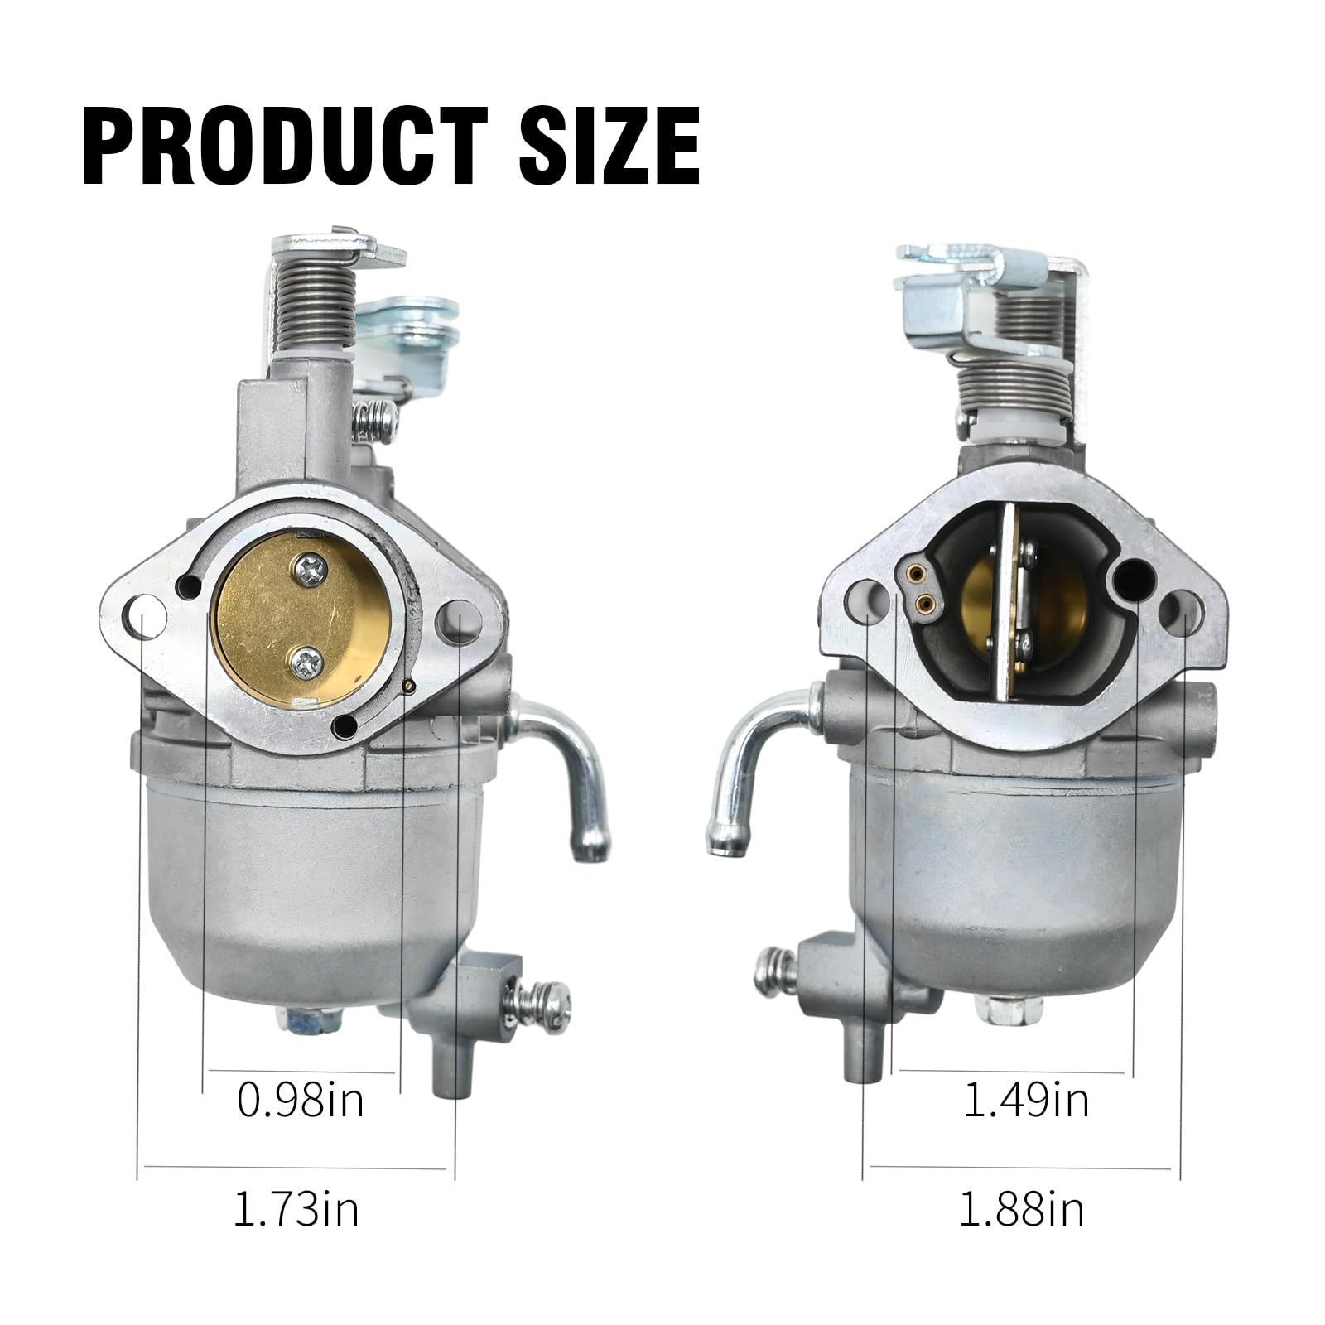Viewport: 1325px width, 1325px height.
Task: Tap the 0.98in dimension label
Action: tap(300, 1101)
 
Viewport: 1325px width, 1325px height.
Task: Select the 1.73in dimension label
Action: tap(296, 1210)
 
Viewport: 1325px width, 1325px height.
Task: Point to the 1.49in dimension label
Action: tap(1025, 1101)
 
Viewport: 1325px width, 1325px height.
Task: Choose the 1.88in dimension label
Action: tap(1021, 1210)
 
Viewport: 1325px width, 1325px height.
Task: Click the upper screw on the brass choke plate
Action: tap(313, 570)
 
